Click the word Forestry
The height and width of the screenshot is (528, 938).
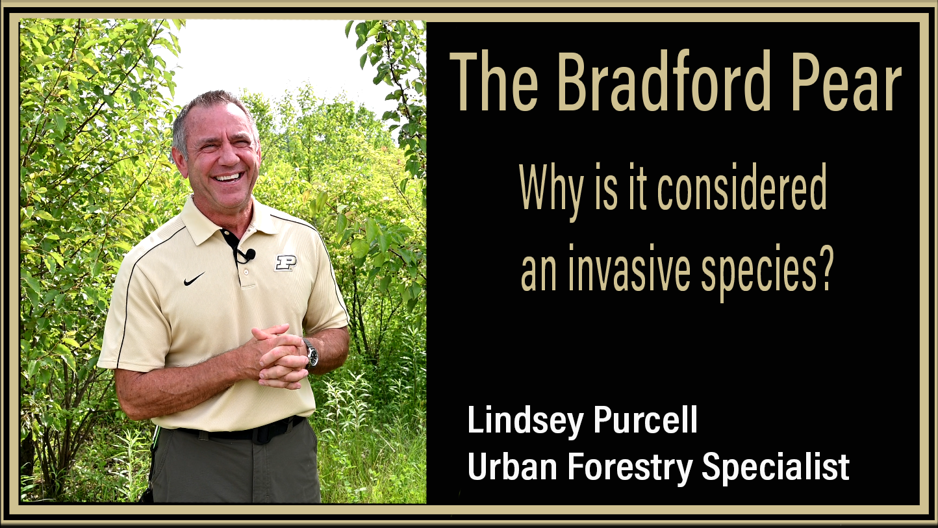630,468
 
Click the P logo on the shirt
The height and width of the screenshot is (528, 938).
286,262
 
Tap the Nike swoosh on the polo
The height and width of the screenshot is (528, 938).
194,279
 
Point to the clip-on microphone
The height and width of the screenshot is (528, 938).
249,254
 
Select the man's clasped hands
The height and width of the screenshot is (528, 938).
278,355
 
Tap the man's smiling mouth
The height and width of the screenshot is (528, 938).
228,177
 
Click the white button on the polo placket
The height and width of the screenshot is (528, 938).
246,271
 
